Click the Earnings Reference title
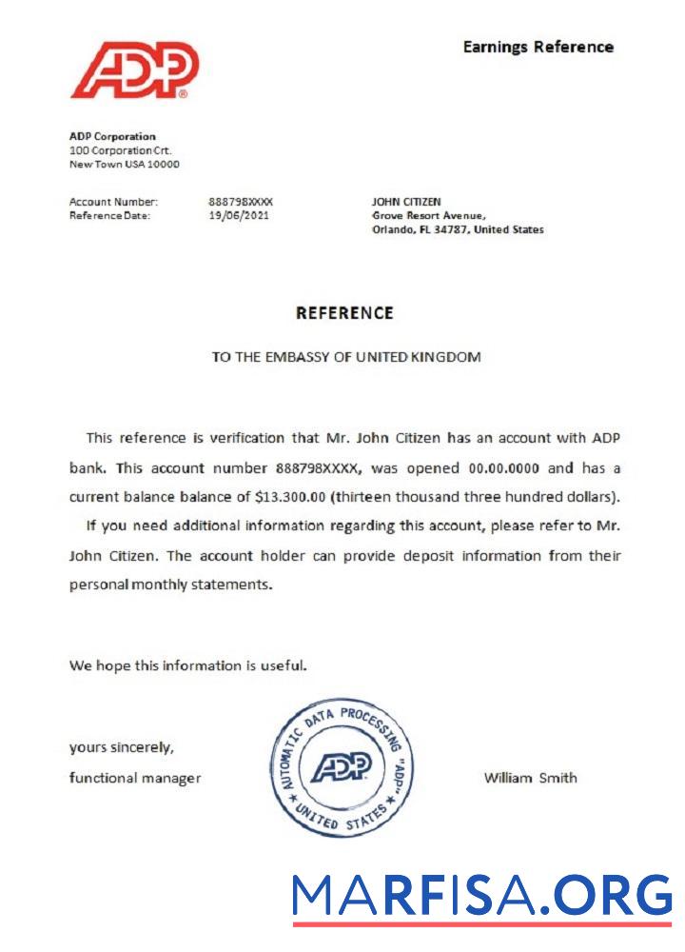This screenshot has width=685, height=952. point(538,47)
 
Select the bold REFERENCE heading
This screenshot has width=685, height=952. point(344,312)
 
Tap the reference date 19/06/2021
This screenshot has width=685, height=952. point(238,215)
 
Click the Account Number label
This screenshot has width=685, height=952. point(113,202)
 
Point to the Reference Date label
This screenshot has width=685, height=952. point(109,215)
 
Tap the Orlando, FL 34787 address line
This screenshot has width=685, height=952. point(458,229)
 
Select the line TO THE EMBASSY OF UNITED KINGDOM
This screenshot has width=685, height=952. point(345,357)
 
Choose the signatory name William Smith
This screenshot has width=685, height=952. point(530,778)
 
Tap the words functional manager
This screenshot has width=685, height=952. point(135,778)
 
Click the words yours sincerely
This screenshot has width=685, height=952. point(121,747)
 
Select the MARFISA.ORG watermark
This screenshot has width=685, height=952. point(481,896)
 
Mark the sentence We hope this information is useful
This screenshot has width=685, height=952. point(187,665)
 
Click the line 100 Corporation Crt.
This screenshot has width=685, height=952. point(121,150)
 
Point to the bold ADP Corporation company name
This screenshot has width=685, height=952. point(112,136)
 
